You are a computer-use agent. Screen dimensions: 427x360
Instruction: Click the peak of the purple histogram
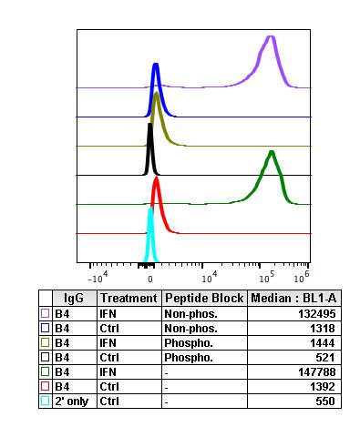(270, 37)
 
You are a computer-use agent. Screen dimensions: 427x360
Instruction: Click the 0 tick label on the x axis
(150, 274)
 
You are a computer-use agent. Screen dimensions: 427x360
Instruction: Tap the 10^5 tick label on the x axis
(266, 274)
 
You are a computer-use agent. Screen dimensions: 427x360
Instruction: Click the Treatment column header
(129, 299)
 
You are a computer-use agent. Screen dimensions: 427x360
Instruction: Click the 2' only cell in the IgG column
(73, 401)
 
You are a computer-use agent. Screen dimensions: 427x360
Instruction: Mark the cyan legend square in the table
(45, 401)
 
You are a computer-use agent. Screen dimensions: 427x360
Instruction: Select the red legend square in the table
(45, 386)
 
